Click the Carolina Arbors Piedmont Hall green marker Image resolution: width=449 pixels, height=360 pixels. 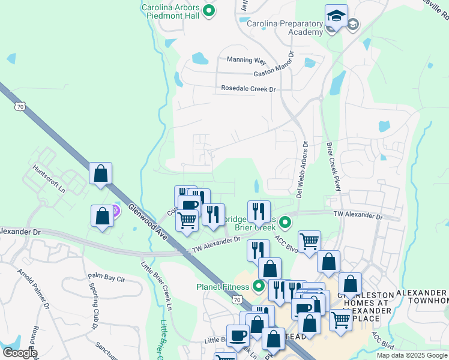(209, 10)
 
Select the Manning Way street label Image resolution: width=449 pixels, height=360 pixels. (246, 60)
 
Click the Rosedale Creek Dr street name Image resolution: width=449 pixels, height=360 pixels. (248, 89)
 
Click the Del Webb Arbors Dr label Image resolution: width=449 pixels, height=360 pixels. (303, 170)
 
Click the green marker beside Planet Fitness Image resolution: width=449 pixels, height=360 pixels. (259, 286)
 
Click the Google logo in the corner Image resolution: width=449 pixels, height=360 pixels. (20, 353)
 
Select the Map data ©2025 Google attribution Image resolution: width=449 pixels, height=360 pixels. (412, 355)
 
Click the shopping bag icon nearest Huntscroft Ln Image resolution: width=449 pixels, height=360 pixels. (100, 173)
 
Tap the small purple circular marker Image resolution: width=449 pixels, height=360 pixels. (116, 210)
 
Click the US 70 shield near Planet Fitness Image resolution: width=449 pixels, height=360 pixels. (238, 299)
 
